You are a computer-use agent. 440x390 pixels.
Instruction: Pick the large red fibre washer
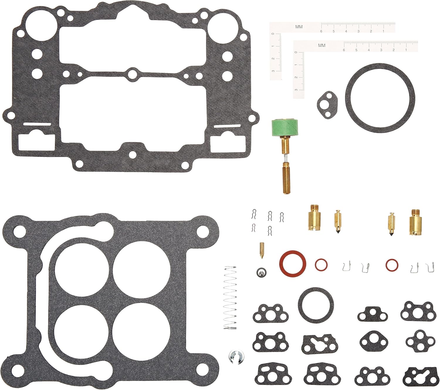pos(292,263)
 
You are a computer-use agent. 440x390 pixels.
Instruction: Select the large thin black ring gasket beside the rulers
pos(380,95)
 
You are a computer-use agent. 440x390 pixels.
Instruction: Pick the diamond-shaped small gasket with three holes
pos(371,340)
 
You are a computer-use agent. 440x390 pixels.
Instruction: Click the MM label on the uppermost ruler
pos(299,27)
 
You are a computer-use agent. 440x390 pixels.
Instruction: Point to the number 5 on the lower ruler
pos(356,50)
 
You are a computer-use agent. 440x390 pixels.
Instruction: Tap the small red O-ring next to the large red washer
pos(321,265)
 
